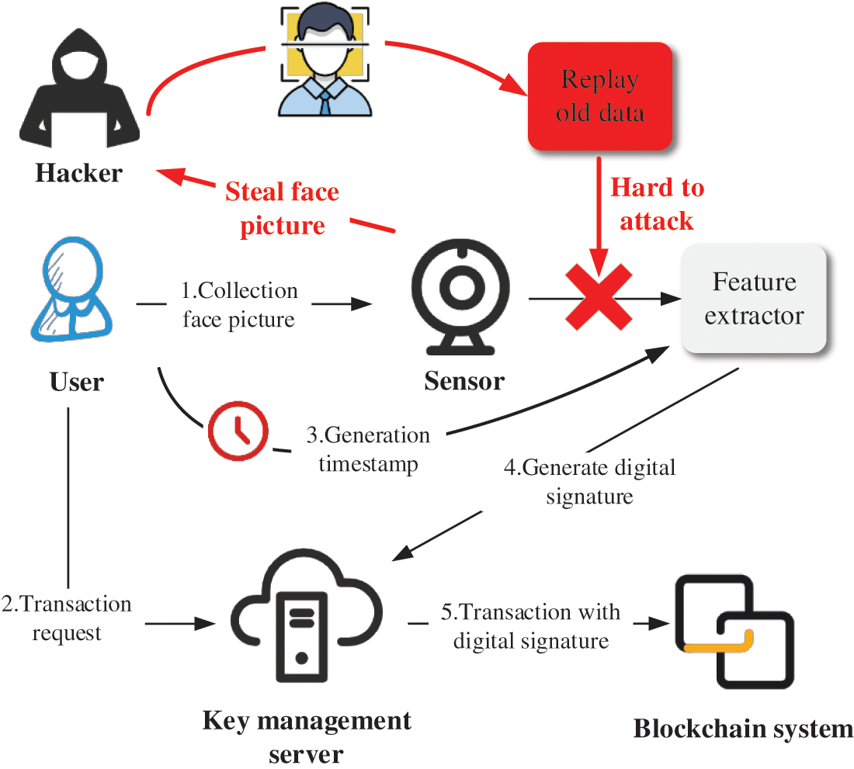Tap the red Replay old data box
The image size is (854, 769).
(x=600, y=96)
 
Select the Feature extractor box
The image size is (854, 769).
(x=754, y=299)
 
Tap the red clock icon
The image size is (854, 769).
(x=238, y=429)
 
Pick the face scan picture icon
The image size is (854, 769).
(x=322, y=58)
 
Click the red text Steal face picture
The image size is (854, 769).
(x=283, y=208)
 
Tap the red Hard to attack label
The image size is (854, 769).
(x=657, y=204)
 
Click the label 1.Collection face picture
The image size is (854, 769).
(x=239, y=305)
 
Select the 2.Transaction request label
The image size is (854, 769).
(x=67, y=618)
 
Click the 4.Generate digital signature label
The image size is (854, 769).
(x=590, y=481)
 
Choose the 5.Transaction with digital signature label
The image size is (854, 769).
(x=531, y=626)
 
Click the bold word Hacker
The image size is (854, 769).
(x=78, y=172)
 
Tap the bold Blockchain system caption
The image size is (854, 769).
(x=743, y=729)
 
